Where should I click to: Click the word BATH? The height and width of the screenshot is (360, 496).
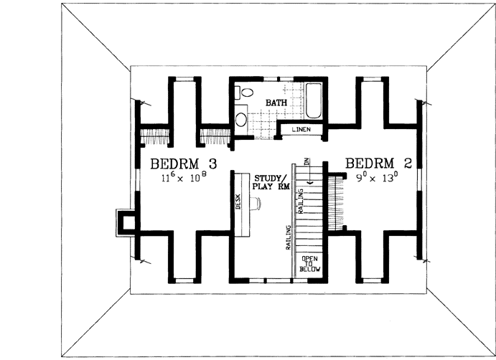pos(276,103)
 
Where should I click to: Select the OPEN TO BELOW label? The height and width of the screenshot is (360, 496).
pos(309,264)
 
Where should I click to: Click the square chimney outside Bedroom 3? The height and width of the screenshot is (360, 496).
pos(127,221)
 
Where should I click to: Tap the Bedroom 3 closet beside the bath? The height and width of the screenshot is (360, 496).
pos(214,135)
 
